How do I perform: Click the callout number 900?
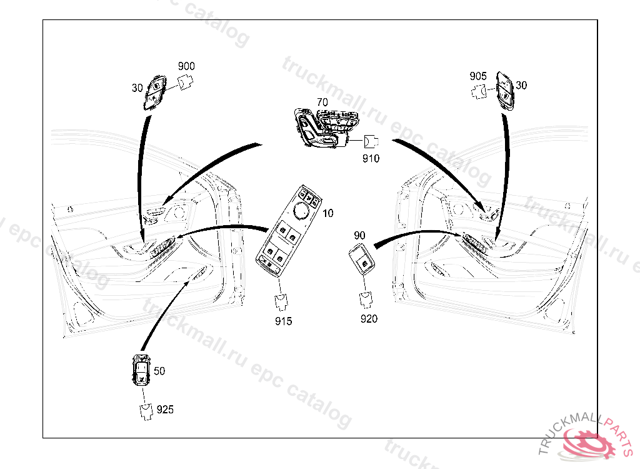186,66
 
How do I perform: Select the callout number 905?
478,76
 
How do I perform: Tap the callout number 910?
371,158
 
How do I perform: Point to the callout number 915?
283,321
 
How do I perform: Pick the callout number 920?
369,319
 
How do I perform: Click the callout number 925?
165,410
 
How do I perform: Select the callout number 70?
322,102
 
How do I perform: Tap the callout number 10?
327,213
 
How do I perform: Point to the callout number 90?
359,235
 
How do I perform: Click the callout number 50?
159,371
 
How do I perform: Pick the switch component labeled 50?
141,370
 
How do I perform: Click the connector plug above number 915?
281,302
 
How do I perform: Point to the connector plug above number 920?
366,299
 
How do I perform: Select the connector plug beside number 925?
146,412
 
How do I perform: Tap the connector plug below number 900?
186,81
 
